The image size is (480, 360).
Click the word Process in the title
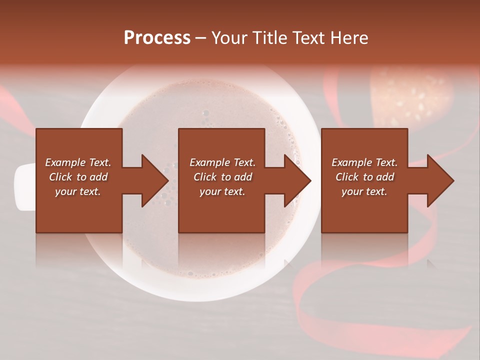coord(157,38)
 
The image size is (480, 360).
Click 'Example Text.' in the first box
coord(78,162)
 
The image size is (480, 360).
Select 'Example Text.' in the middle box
coord(222,162)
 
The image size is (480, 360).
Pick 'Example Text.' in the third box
coord(364,162)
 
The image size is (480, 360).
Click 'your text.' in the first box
coord(78,191)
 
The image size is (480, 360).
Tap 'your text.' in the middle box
coord(222,191)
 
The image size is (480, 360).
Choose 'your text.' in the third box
coord(364,191)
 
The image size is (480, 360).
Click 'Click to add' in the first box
coord(78,177)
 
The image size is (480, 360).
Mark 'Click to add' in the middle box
coord(222,177)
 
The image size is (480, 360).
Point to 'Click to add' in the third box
coord(364,177)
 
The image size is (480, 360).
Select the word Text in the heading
coord(306,38)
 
